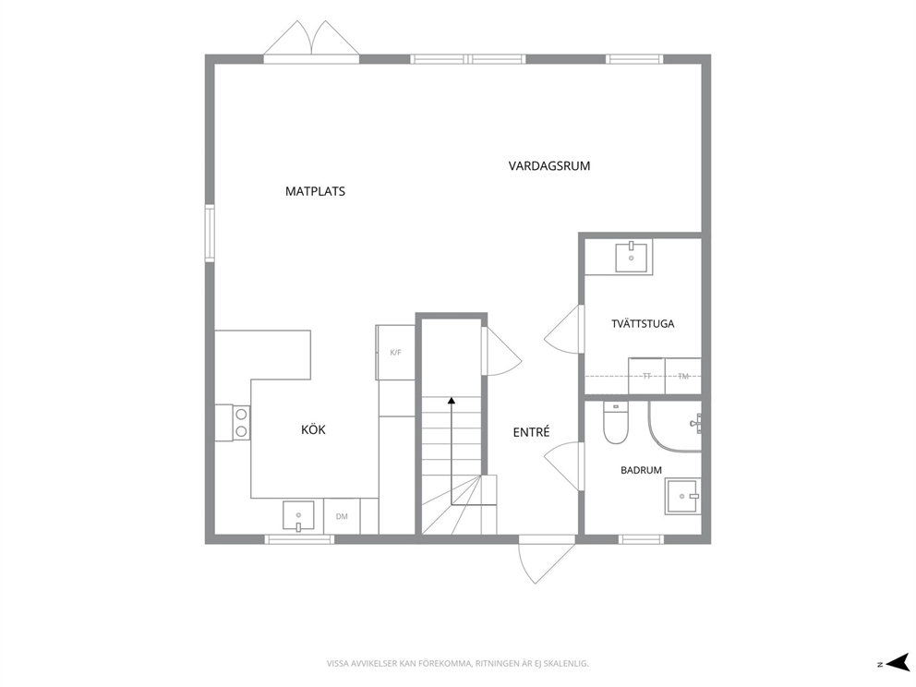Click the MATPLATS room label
click(x=315, y=191)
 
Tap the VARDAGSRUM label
click(x=549, y=166)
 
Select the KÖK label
click(x=313, y=429)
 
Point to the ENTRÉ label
click(x=531, y=432)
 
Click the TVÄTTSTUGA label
click(x=643, y=323)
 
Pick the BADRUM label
click(x=641, y=470)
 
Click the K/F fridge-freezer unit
click(x=395, y=352)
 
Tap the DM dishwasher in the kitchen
click(x=342, y=516)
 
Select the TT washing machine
click(x=646, y=376)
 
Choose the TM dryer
click(x=683, y=376)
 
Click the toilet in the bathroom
click(x=615, y=422)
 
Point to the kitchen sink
click(x=298, y=516)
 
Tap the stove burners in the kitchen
click(x=241, y=423)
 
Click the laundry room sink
click(x=631, y=258)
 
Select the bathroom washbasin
click(x=682, y=497)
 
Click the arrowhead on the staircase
click(x=451, y=401)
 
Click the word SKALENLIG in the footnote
click(x=570, y=664)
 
